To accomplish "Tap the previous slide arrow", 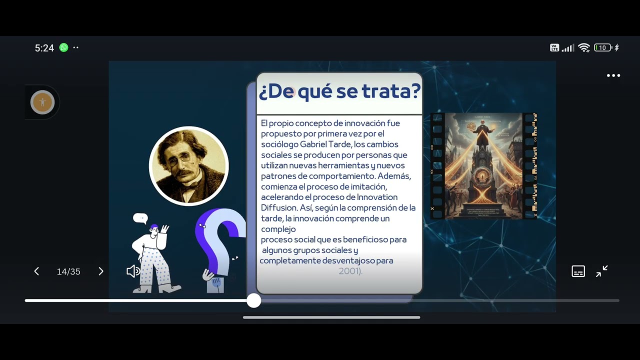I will tap(36, 271).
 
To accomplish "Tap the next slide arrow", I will tap(100, 271).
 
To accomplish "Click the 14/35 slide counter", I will tap(68, 271).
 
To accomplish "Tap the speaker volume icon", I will tap(132, 271).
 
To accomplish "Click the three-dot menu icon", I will tap(613, 75).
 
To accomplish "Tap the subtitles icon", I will tap(578, 271).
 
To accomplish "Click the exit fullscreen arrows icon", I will tap(602, 271).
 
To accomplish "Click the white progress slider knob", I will tap(254, 300).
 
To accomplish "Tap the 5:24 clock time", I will tap(44, 48).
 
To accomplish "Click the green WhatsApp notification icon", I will tap(63, 47).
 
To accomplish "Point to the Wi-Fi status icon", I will tap(583, 48).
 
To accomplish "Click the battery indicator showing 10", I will tap(602, 48).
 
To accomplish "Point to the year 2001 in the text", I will tap(348, 271).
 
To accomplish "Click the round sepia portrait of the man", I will tap(189, 166).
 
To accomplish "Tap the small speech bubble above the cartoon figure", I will tap(140, 218).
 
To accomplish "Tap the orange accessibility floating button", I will tap(42, 102).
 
